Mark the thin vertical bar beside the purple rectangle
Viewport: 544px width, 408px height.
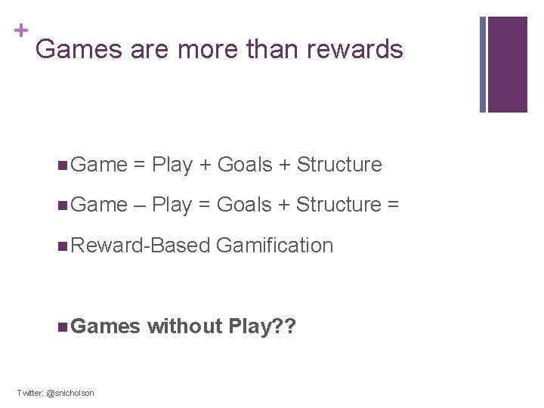point(484,64)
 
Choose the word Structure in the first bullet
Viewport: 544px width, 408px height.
point(339,165)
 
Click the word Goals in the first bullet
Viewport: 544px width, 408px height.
point(244,165)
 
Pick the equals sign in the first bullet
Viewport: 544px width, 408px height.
point(139,165)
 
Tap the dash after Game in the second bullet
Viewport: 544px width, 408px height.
point(140,205)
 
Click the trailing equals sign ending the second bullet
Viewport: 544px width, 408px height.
point(393,205)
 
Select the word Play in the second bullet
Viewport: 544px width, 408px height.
point(172,205)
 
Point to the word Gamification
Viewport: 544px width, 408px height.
point(274,246)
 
